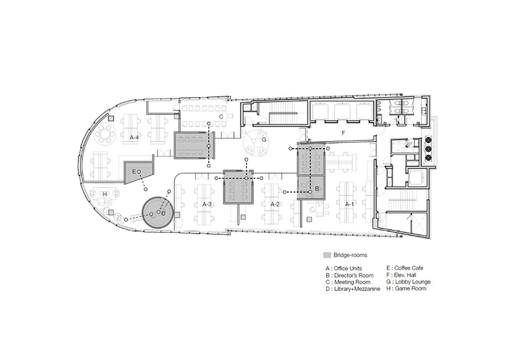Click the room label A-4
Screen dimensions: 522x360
tap(134, 137)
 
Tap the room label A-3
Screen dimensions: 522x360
tap(207, 204)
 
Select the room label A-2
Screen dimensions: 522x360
tap(274, 204)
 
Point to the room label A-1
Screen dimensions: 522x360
tap(348, 204)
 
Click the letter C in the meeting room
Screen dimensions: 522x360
tap(221, 117)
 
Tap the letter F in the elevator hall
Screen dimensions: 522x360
tap(343, 133)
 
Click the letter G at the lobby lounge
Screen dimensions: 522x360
tap(264, 140)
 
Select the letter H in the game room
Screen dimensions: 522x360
tap(105, 194)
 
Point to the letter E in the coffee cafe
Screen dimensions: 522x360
tap(134, 172)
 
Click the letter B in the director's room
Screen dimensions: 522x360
tap(317, 189)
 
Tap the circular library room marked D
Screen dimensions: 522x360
tap(158, 212)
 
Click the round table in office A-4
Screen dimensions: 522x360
tap(105, 134)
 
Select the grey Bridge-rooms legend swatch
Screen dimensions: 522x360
tap(327, 255)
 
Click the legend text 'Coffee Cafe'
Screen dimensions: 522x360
tap(409, 268)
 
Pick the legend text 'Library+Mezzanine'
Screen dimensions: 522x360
tap(357, 289)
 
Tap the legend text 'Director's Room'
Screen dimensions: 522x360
tap(354, 275)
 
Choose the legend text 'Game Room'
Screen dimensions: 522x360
tap(410, 289)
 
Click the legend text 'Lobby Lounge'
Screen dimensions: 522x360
tap(413, 281)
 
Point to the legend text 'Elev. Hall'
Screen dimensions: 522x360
tap(405, 275)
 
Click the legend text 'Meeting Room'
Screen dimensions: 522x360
tap(352, 282)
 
